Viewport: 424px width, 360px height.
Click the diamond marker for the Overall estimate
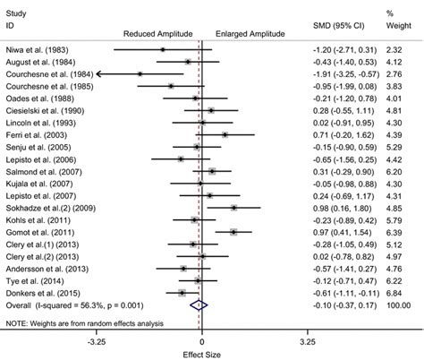pos(199,304)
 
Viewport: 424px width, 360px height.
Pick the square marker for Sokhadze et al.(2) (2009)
pos(233,207)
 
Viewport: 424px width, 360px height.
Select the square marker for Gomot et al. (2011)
pos(233,231)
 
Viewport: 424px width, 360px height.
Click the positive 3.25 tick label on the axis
pos(306,340)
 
